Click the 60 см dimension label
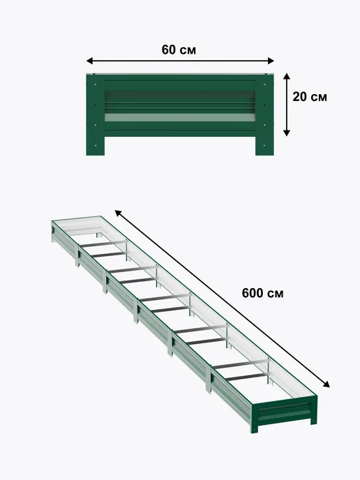coord(179,50)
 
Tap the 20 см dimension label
coord(310,97)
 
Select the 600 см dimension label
coord(262,293)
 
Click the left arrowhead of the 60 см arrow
coord(89,61)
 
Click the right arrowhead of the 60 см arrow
coord(271,61)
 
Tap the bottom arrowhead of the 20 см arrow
coord(287,133)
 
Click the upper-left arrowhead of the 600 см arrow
coord(118,213)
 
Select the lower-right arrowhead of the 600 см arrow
coord(327,384)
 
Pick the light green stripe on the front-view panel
coord(180,117)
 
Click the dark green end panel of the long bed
coord(285,413)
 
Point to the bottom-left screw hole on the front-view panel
coord(96,146)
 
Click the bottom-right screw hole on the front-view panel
coord(264,146)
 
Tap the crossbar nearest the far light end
coord(103,244)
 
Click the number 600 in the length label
coord(253,293)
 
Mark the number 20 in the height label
coord(300,97)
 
